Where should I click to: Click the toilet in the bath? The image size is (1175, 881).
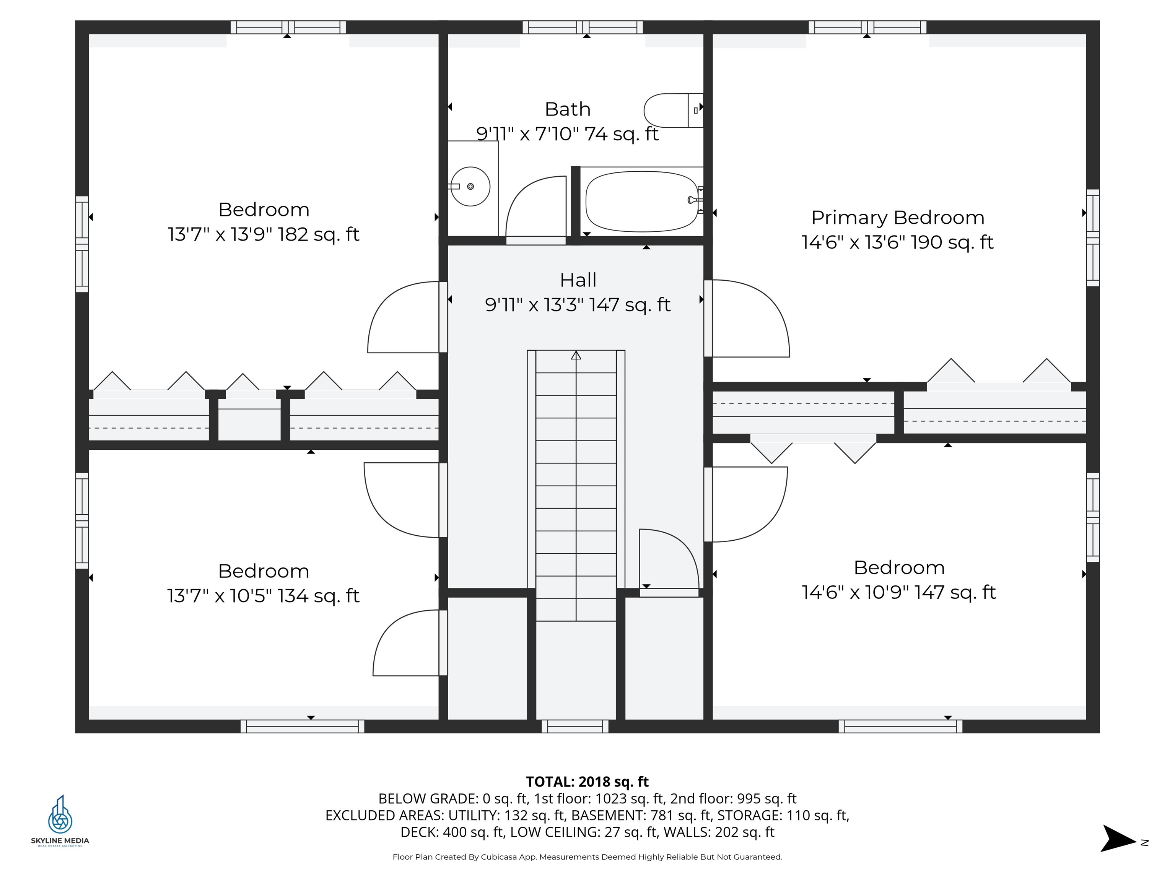672,111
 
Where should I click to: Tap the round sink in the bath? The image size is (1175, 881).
470,186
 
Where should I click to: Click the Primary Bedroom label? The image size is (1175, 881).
897,218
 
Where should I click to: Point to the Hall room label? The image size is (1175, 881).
578,280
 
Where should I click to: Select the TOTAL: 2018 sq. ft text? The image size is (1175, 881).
587,782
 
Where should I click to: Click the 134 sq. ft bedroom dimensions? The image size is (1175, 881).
264,596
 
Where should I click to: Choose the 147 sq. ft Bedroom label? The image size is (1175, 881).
899,568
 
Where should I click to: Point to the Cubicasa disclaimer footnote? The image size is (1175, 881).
587,857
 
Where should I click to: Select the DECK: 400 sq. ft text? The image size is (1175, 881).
451,832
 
